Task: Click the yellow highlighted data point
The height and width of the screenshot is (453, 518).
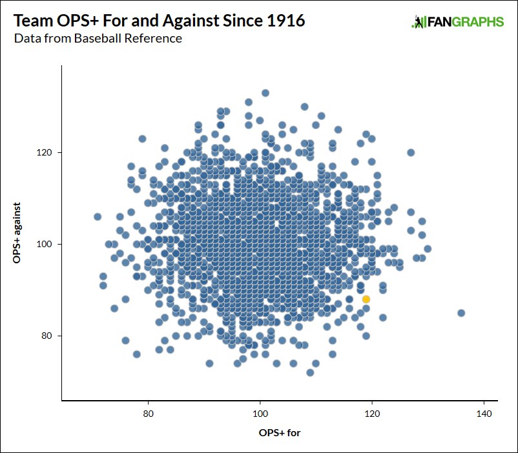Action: click(366, 299)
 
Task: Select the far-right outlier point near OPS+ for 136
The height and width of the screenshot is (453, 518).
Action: click(461, 313)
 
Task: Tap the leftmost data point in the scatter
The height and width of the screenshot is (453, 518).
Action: click(98, 217)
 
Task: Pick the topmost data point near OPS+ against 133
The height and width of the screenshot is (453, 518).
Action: click(265, 93)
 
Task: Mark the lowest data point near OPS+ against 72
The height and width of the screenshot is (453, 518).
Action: click(310, 372)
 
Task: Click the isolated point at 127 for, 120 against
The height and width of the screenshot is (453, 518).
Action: click(411, 153)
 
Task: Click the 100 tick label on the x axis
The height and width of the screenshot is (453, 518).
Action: click(260, 413)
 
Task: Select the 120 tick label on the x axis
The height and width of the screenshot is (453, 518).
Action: click(371, 413)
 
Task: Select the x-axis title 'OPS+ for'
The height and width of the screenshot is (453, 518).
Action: click(279, 432)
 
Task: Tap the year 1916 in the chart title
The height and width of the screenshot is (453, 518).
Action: click(284, 21)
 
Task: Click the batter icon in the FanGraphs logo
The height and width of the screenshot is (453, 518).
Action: click(418, 22)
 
